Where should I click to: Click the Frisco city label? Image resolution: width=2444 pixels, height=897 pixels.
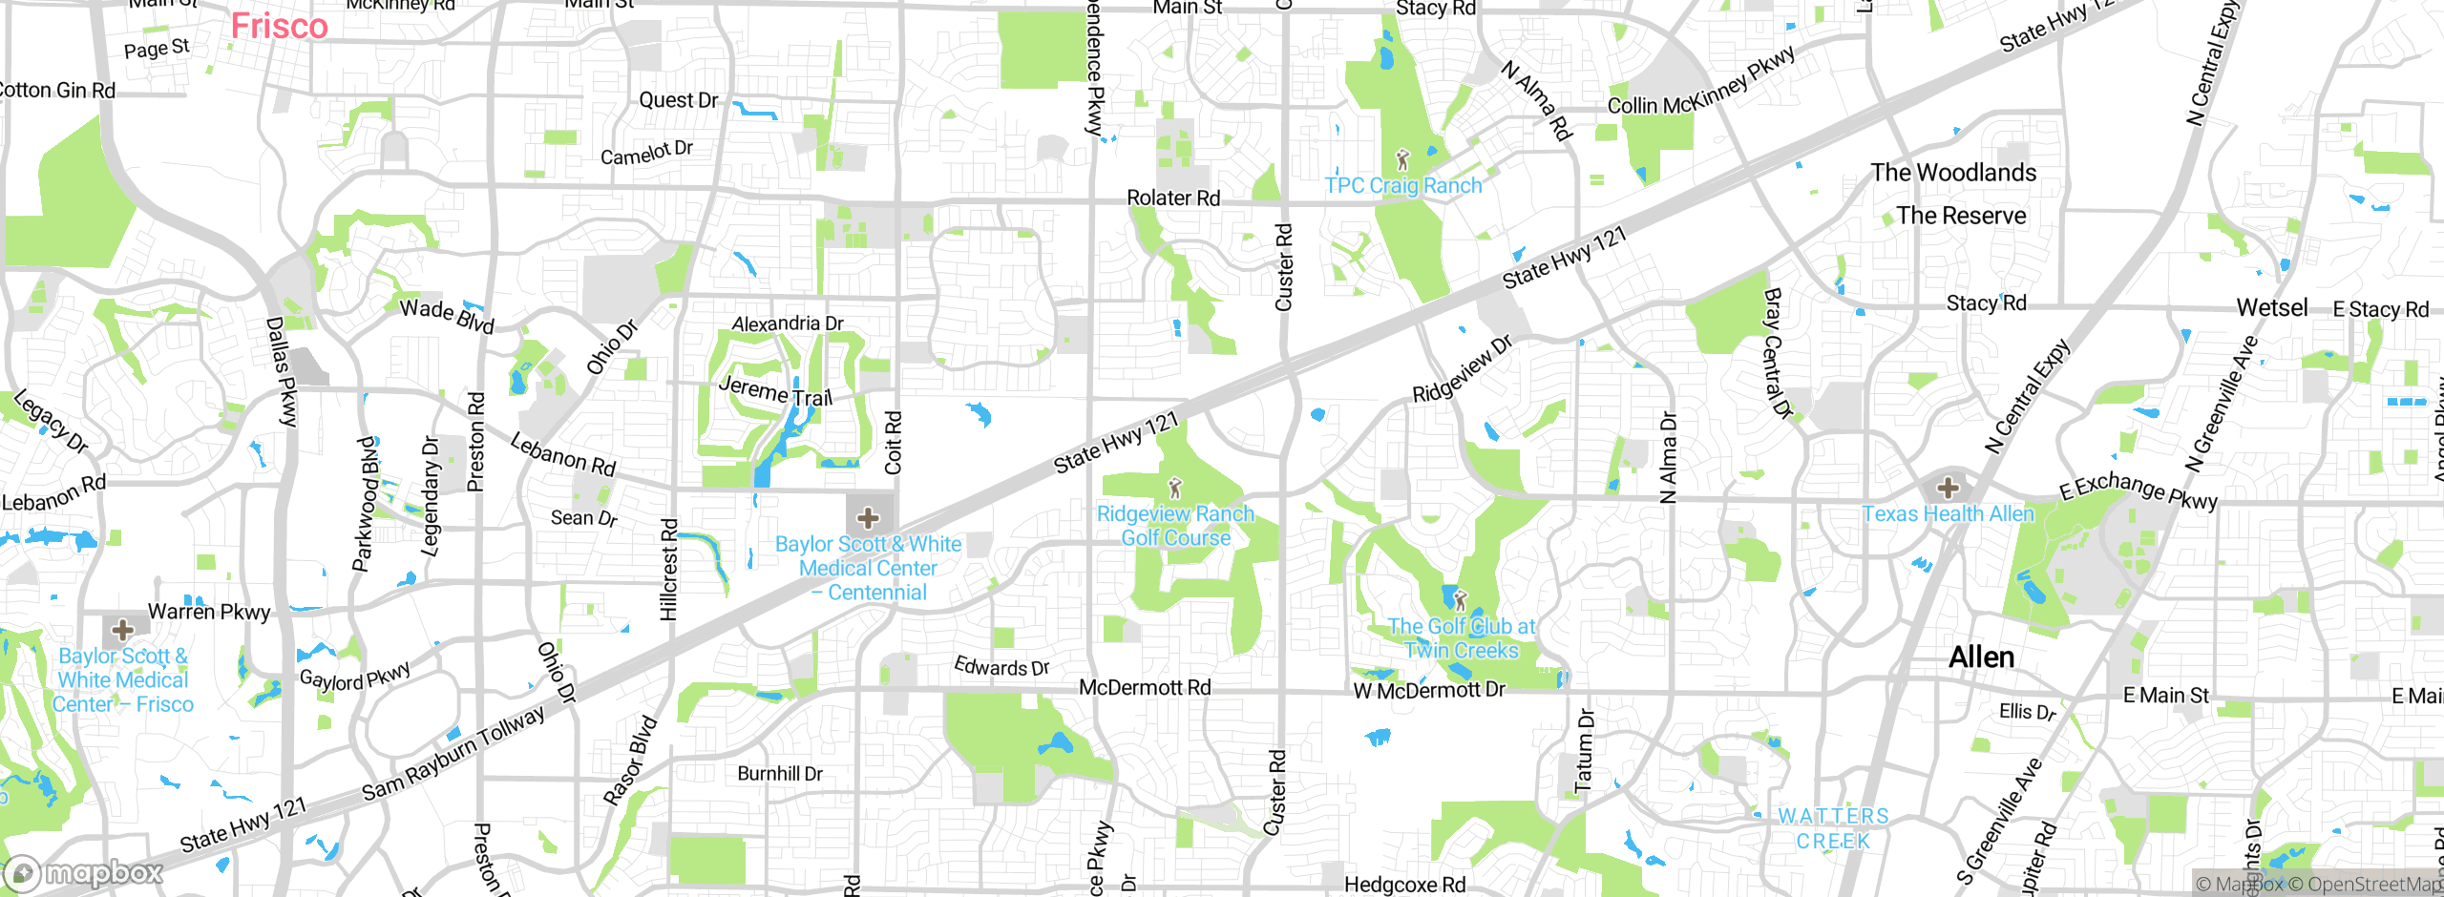click(x=279, y=26)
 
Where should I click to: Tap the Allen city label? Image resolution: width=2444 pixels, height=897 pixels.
click(x=1981, y=657)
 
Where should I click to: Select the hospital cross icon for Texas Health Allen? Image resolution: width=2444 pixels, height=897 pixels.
click(x=1948, y=489)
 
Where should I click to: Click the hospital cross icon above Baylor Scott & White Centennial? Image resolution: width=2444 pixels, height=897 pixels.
click(x=868, y=518)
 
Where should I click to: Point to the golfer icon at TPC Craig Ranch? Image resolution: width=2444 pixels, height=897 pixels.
click(x=1402, y=159)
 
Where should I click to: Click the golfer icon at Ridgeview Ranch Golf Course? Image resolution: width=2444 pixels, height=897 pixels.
click(x=1175, y=489)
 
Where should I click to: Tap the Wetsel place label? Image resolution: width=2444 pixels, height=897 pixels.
click(x=2271, y=308)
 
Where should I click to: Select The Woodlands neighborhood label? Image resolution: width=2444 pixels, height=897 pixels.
click(x=1953, y=173)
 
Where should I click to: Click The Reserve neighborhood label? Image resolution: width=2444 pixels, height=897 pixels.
click(x=1961, y=216)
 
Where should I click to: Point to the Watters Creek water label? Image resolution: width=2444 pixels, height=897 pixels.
click(x=1833, y=828)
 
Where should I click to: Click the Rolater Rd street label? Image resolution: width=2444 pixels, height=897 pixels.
click(x=1173, y=198)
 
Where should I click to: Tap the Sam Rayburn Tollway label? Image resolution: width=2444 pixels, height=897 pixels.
click(x=453, y=753)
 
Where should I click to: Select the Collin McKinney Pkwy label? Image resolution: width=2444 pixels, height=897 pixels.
click(x=1701, y=81)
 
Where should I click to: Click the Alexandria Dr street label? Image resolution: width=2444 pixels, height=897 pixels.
click(x=788, y=323)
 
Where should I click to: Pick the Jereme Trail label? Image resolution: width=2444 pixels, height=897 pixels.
click(x=775, y=391)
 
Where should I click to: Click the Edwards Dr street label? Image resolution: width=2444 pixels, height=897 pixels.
click(x=1001, y=667)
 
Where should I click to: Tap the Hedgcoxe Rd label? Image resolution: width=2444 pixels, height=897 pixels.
click(x=1404, y=885)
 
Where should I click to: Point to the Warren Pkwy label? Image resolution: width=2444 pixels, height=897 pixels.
click(x=209, y=612)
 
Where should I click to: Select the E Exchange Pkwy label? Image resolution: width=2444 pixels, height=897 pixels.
click(x=2138, y=490)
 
